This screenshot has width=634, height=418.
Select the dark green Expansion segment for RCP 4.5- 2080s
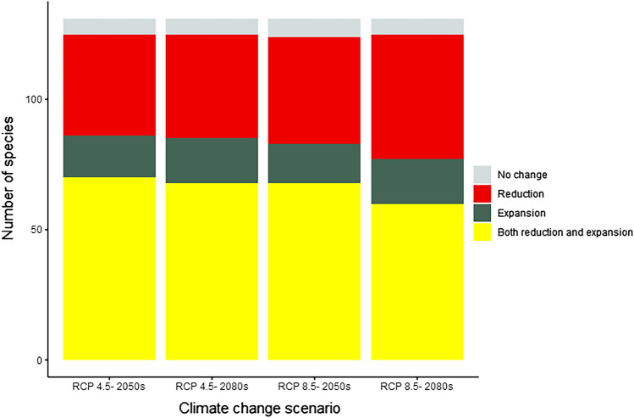(212, 160)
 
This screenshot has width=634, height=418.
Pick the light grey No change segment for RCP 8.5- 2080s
(417, 26)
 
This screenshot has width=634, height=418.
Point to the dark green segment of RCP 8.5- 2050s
(314, 164)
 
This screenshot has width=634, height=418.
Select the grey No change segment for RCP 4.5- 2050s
(109, 26)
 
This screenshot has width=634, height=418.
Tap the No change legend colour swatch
(482, 175)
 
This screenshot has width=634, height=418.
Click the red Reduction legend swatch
(482, 193)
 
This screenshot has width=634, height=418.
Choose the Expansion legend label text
(521, 213)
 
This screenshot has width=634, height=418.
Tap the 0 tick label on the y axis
(37, 360)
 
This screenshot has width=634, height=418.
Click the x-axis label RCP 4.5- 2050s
(109, 387)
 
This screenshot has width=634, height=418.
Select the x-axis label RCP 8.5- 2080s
(417, 387)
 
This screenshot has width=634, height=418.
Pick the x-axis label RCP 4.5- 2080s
(212, 387)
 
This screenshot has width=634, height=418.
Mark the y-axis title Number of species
(10, 192)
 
